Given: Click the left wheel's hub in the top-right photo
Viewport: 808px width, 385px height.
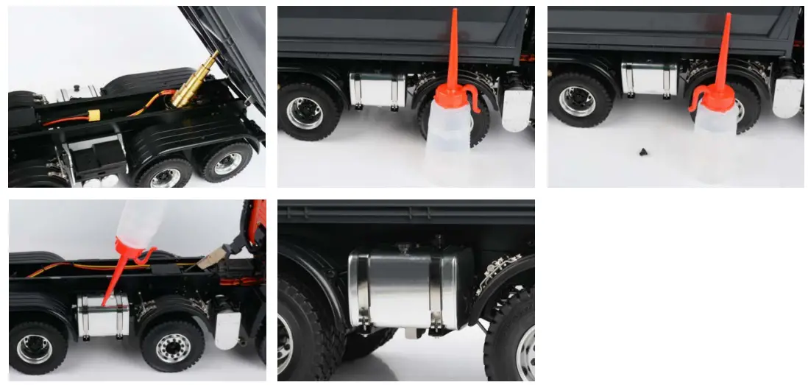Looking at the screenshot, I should (578, 102).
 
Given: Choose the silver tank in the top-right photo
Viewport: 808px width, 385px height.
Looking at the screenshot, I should (648, 78).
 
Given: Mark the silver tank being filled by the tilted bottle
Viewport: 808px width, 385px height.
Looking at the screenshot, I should (102, 314).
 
